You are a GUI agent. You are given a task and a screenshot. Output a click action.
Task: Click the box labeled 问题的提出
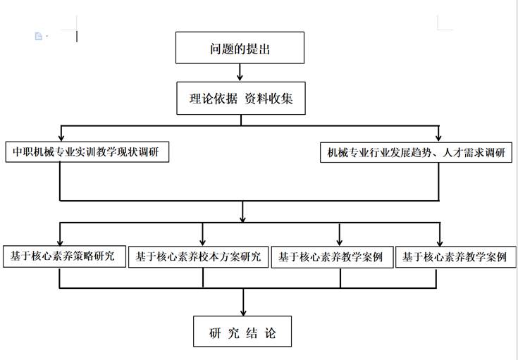click(240, 48)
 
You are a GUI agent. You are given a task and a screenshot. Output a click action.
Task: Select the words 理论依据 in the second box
click(213, 99)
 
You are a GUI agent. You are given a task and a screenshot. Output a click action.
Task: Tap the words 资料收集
click(269, 99)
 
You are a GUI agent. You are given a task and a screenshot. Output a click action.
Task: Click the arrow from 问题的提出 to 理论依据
click(240, 73)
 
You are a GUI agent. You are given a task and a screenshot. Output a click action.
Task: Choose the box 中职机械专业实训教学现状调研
click(87, 151)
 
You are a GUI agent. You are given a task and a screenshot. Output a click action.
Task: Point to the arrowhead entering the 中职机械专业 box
click(61, 137)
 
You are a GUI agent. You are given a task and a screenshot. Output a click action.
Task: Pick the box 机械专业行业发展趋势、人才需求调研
click(417, 152)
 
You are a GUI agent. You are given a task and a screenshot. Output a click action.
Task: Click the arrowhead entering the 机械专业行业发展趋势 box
click(438, 137)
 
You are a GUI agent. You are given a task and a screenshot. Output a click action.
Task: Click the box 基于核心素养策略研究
click(64, 256)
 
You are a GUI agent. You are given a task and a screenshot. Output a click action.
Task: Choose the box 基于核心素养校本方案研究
click(198, 256)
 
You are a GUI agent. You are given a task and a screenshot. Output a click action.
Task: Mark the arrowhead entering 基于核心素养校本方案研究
click(203, 242)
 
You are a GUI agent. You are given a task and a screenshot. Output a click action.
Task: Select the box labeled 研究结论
click(242, 331)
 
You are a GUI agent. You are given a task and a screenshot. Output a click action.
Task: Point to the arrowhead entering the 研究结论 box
click(243, 312)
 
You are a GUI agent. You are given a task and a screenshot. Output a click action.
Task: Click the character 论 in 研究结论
click(270, 333)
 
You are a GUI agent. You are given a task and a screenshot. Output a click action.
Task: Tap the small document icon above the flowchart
click(39, 36)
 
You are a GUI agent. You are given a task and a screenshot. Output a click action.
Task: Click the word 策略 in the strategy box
click(83, 256)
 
